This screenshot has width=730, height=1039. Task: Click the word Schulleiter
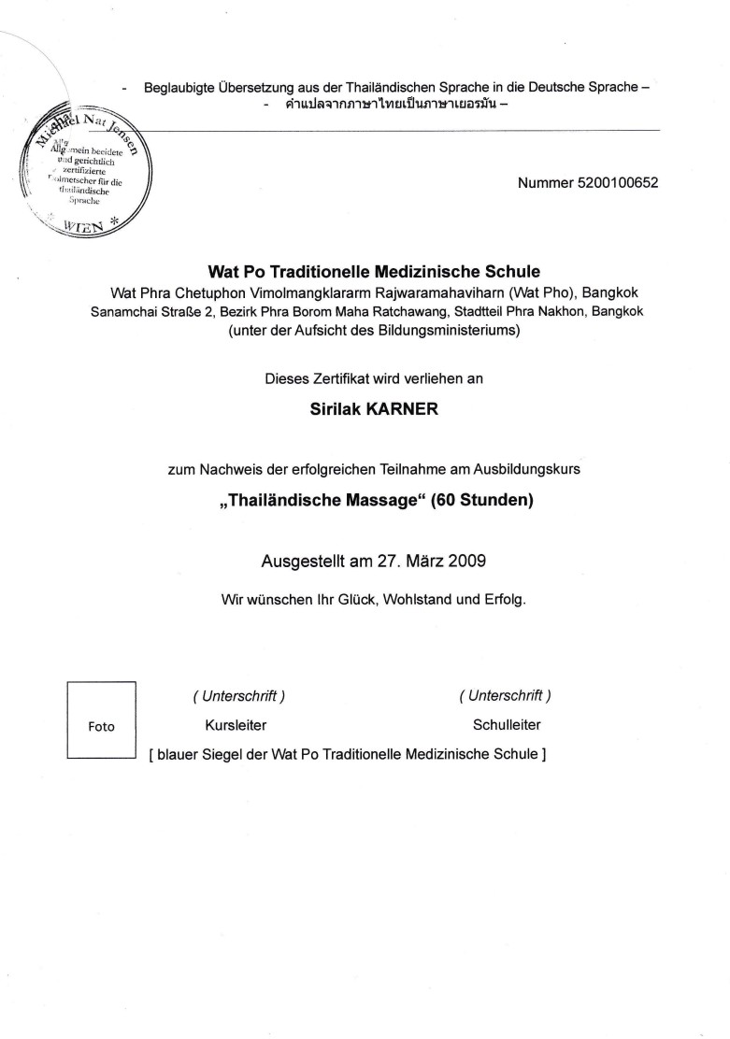pos(506,724)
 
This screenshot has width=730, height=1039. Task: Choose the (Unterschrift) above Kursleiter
pos(238,695)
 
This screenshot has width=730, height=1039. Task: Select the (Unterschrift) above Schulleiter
pos(505,695)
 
